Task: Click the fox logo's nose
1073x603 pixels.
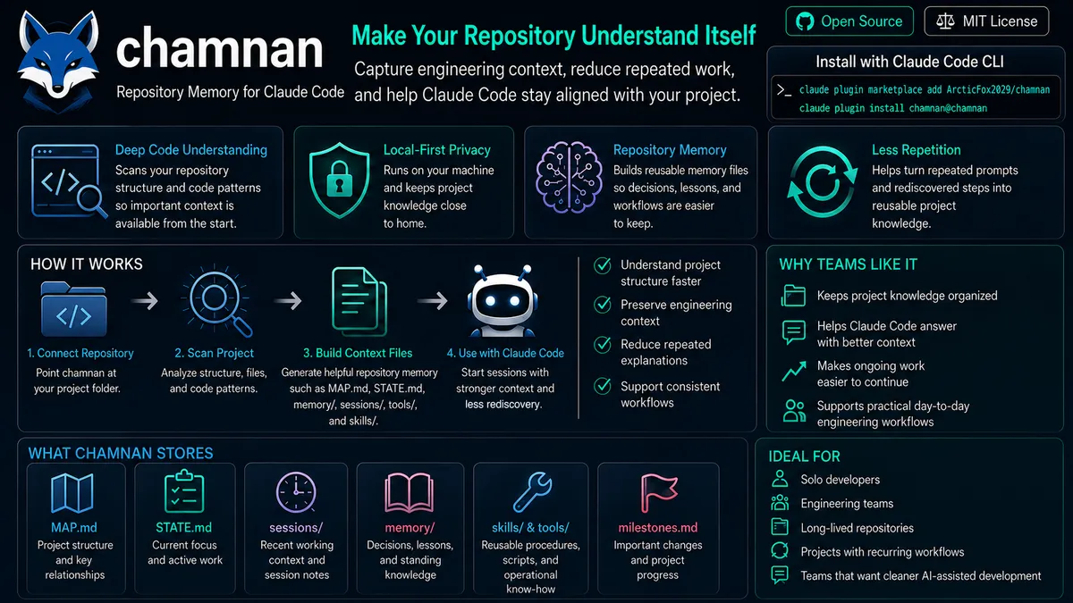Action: [x=58, y=88]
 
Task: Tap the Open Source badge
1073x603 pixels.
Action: [x=849, y=21]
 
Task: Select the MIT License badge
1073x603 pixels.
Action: [x=986, y=21]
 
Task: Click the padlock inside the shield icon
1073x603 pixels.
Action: [x=339, y=180]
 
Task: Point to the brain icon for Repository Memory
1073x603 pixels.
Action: [x=569, y=177]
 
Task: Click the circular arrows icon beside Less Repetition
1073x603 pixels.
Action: [x=822, y=182]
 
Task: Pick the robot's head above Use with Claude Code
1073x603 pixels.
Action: [x=502, y=297]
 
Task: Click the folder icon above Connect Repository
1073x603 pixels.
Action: [x=73, y=309]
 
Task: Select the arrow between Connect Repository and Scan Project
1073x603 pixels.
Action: [x=145, y=301]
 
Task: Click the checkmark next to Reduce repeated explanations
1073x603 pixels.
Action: [x=602, y=345]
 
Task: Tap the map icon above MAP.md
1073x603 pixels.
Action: [x=72, y=493]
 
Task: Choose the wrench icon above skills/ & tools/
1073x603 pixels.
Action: [x=532, y=492]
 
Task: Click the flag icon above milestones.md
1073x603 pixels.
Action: [x=658, y=493]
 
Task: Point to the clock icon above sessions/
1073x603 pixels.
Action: [x=296, y=492]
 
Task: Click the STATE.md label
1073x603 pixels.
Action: [x=183, y=527]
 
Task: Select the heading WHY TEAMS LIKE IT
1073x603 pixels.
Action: [x=848, y=264]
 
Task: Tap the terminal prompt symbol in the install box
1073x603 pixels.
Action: [x=783, y=90]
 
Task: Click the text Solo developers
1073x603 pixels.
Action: [x=841, y=480]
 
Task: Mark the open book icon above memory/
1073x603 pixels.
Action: [x=410, y=493]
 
